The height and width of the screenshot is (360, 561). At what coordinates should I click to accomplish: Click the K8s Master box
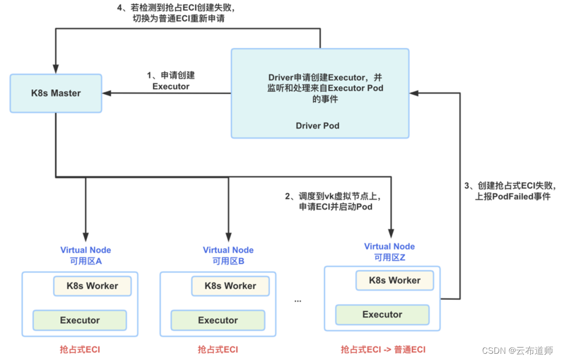56,94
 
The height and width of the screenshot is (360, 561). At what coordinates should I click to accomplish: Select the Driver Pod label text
317,126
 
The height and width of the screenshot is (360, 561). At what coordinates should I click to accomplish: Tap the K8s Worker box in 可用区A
92,286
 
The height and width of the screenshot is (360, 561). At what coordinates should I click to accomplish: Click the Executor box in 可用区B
218,320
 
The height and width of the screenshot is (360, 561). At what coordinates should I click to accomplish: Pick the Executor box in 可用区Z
382,314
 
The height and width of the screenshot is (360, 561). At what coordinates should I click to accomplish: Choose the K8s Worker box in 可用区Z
395,281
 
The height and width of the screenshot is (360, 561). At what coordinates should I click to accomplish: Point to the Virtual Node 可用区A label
86,255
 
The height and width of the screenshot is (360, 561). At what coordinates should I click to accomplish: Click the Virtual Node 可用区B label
228,255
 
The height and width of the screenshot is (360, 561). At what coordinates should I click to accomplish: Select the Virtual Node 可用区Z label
389,251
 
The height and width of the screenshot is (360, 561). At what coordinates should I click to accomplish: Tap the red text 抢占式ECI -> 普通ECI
383,350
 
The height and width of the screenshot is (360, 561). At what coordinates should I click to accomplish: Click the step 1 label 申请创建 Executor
171,81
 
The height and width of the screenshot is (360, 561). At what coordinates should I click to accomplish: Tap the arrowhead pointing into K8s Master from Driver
106,94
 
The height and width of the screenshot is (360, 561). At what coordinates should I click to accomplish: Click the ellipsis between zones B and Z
298,301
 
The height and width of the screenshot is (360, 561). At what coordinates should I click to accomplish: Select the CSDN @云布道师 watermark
517,351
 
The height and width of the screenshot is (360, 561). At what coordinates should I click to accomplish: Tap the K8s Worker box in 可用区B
230,286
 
